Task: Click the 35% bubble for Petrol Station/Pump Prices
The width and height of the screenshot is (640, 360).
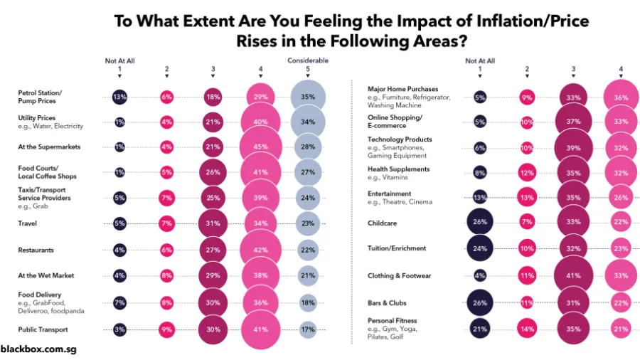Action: pos(308,97)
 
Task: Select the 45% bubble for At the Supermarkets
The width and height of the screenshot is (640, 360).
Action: pos(261,147)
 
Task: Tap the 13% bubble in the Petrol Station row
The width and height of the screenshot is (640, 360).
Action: pos(119,97)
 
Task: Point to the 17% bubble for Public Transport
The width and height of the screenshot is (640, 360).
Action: pos(308,330)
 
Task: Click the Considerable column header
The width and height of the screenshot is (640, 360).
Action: pos(308,60)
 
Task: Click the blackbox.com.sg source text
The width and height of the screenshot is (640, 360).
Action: pos(38,349)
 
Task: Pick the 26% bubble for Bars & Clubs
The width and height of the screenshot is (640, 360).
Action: pos(480,302)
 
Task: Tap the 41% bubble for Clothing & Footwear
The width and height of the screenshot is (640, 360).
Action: pos(573,275)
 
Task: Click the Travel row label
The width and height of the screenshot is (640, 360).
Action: pos(28,223)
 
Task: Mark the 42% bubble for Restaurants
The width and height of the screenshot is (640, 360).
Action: pos(261,250)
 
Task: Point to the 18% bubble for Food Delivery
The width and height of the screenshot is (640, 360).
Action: pos(308,302)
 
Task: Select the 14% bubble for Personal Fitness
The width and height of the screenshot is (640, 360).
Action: pos(527,329)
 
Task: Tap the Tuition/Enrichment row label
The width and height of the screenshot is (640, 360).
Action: pos(397,248)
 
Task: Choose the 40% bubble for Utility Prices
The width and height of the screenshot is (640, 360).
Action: pos(261,122)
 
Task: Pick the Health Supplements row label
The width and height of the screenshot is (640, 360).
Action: pos(398,169)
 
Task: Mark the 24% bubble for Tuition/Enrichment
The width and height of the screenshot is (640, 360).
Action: pos(480,249)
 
